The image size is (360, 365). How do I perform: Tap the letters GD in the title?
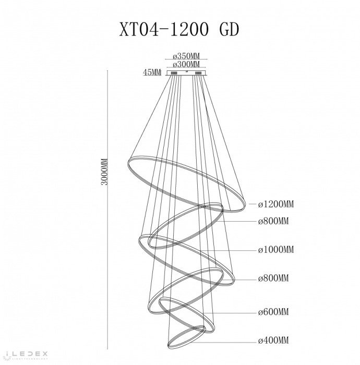click(x=229, y=30)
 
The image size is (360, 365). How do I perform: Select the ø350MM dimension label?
click(x=186, y=56)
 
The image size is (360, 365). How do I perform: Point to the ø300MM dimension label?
click(x=186, y=64)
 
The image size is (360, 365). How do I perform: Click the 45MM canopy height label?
click(x=152, y=72)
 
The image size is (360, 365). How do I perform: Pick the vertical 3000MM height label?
click(x=104, y=172)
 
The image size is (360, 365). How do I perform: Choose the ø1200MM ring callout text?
click(x=276, y=204)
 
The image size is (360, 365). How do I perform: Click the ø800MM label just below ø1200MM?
click(x=273, y=221)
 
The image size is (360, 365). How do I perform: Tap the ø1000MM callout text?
click(x=276, y=250)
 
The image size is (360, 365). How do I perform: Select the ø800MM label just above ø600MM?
click(x=273, y=278)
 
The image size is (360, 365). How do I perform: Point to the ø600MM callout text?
click(x=273, y=312)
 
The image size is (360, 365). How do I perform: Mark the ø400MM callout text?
click(x=273, y=340)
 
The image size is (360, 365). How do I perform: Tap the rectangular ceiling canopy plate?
click(x=186, y=73)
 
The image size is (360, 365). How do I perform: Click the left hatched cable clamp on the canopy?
click(x=174, y=74)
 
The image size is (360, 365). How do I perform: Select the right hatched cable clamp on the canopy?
click(x=198, y=74)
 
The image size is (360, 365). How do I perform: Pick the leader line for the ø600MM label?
click(x=230, y=313)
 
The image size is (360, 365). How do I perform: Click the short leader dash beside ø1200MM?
click(x=253, y=204)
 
